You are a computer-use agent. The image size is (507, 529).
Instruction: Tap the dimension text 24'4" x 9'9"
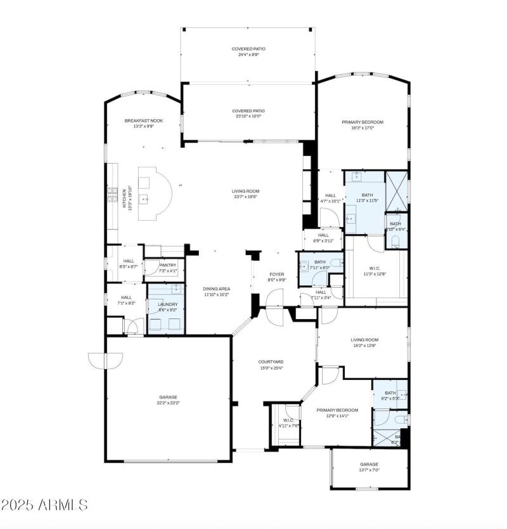(248, 55)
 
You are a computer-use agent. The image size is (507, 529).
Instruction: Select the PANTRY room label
(168, 265)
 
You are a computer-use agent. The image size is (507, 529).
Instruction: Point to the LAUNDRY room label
(167, 304)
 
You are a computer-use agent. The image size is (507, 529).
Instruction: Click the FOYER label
(277, 274)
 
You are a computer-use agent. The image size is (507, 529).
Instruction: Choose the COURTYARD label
(271, 362)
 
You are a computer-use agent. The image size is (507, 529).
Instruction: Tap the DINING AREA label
(216, 289)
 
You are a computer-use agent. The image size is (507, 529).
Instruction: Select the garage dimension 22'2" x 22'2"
(168, 403)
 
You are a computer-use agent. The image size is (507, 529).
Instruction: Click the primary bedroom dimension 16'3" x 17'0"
(363, 127)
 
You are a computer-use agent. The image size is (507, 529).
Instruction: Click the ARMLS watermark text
(44, 505)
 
